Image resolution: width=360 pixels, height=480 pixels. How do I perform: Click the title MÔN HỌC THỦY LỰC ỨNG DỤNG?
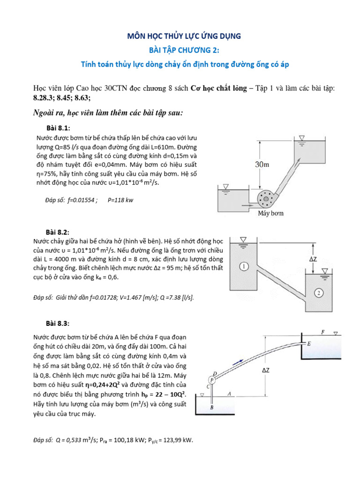(x=180, y=36)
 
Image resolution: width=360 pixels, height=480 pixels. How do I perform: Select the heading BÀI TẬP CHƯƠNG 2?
(x=180, y=50)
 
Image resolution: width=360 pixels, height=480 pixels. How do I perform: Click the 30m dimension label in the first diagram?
(x=263, y=165)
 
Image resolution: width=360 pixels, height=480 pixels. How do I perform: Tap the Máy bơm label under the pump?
(x=270, y=213)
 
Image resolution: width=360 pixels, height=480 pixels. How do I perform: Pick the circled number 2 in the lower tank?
(x=318, y=293)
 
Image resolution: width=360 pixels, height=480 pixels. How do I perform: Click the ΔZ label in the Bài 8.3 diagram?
(x=266, y=370)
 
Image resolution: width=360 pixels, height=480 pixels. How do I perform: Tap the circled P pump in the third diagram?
(x=212, y=379)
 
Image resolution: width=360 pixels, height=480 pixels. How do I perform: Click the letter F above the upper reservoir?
(x=323, y=332)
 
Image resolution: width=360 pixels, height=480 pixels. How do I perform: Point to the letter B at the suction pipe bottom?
(x=212, y=408)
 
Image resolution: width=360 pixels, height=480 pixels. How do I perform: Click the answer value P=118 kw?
(x=120, y=200)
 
